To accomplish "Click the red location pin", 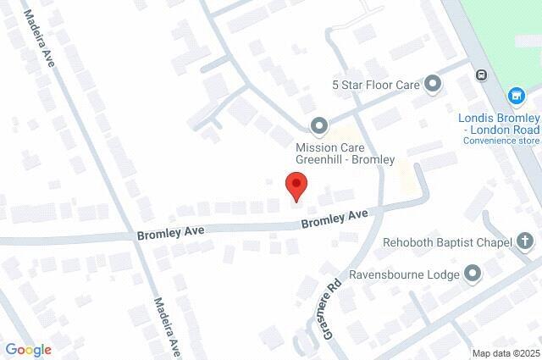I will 296,186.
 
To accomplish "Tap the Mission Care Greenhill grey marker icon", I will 319,127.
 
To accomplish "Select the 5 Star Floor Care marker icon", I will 434,84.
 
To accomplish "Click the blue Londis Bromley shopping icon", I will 516,97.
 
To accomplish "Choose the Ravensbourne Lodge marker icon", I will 472,274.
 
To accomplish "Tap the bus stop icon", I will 481,75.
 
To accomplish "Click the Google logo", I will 28,349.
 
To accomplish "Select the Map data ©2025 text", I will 505,353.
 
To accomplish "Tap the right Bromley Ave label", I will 335,219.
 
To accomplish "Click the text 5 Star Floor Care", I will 376,84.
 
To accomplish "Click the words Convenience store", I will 502,141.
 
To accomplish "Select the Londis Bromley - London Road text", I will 499,124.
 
